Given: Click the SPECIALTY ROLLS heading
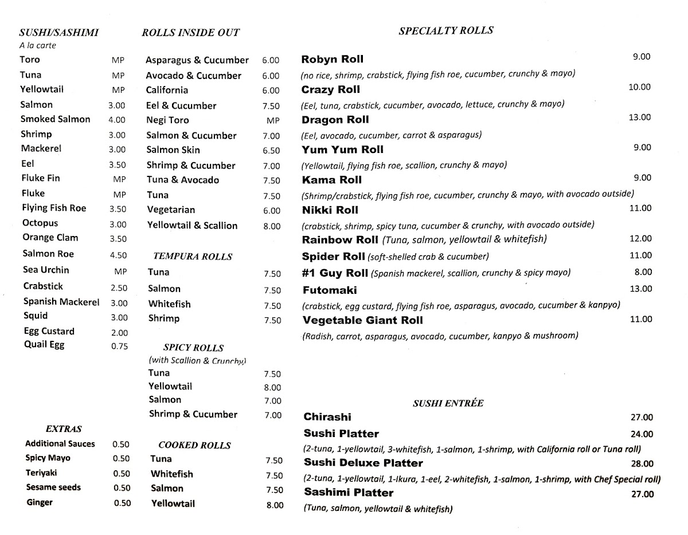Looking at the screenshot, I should (445, 31).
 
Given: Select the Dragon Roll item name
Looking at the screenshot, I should (335, 120).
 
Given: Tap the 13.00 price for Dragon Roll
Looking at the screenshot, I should (640, 117).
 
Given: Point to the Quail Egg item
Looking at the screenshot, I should (44, 345).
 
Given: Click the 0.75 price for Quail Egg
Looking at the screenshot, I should (119, 346).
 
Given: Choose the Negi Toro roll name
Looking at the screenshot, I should (167, 120).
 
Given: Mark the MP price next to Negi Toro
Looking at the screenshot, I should (273, 121).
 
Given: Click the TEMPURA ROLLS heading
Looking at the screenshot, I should (193, 257).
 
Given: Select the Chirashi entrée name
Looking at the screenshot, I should (327, 417).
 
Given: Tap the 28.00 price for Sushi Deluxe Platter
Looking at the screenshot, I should (642, 464).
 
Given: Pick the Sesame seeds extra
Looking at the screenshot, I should (53, 487).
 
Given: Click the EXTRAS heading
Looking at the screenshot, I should (64, 428).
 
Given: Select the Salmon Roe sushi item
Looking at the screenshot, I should (48, 254).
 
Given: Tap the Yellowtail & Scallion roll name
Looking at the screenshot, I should (192, 226).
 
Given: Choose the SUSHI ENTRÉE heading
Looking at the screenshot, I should (448, 403).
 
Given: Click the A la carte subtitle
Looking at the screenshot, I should (37, 46).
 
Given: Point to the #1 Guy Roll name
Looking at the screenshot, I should (335, 273).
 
